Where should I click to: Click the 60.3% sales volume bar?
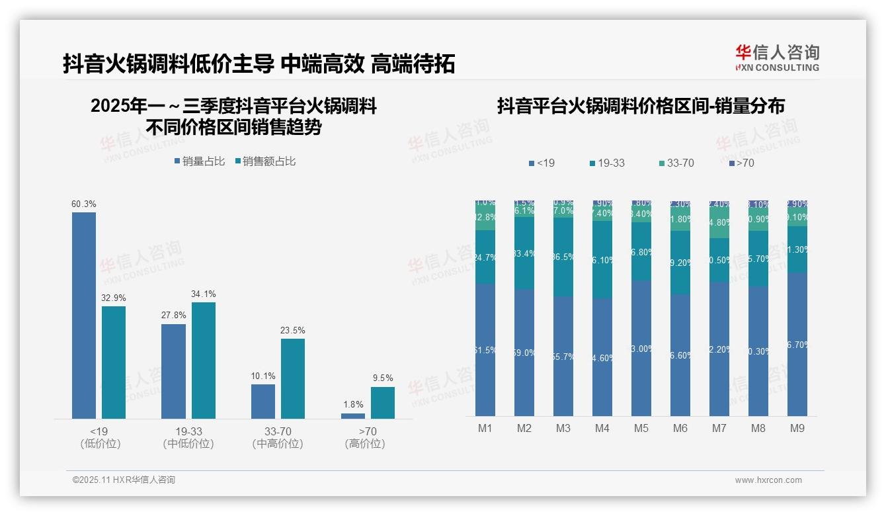point(84,315)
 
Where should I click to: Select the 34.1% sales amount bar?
point(204,360)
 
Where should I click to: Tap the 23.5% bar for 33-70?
point(293,378)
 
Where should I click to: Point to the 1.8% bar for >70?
point(353,415)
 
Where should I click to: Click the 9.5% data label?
point(383,378)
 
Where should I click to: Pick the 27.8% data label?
point(173,316)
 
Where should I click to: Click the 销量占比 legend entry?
point(199,161)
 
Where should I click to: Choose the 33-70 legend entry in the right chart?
point(676,163)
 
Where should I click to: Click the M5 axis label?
point(641,429)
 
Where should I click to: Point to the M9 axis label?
point(797,429)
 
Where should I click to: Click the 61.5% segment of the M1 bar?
point(485,350)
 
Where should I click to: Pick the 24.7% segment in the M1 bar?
point(485,257)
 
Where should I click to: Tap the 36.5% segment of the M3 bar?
point(563,257)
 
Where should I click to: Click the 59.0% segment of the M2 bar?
point(524,353)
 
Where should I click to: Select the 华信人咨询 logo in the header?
point(777,58)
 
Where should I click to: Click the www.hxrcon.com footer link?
point(768,480)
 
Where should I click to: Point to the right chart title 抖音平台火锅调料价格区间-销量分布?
point(641,106)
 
